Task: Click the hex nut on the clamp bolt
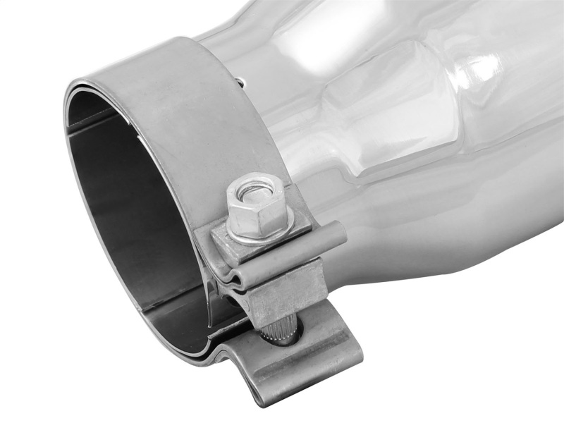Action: coord(257,209)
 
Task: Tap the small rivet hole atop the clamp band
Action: coord(240,82)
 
